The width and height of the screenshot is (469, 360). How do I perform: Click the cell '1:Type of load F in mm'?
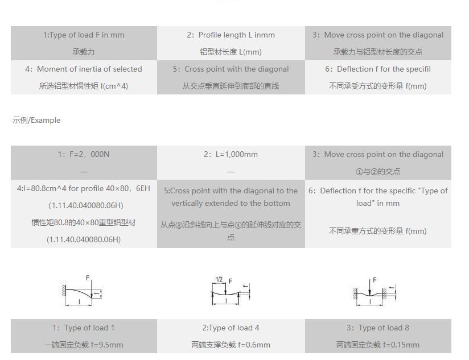(x=84, y=35)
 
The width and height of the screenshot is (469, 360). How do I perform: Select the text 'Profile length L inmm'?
(x=236, y=35)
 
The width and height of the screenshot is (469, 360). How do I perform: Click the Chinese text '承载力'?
(x=84, y=52)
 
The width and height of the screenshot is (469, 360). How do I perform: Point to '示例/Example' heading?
(x=36, y=121)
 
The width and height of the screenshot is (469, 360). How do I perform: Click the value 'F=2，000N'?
(x=84, y=154)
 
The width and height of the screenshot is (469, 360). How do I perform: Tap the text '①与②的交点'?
(x=378, y=171)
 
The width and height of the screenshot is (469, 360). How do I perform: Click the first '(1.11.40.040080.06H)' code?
(x=84, y=205)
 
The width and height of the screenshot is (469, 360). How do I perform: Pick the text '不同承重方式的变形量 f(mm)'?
(x=378, y=231)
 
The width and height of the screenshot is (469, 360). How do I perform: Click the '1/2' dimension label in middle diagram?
(x=219, y=279)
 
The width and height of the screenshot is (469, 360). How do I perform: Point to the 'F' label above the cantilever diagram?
(x=88, y=278)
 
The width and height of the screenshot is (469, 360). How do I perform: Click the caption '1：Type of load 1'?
(x=84, y=328)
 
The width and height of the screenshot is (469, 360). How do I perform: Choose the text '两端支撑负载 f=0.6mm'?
(x=231, y=345)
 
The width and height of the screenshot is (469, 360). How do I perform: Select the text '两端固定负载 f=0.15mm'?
(x=378, y=345)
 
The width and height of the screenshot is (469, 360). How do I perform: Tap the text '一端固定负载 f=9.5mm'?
(x=84, y=345)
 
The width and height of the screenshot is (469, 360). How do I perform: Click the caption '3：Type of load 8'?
(x=378, y=328)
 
